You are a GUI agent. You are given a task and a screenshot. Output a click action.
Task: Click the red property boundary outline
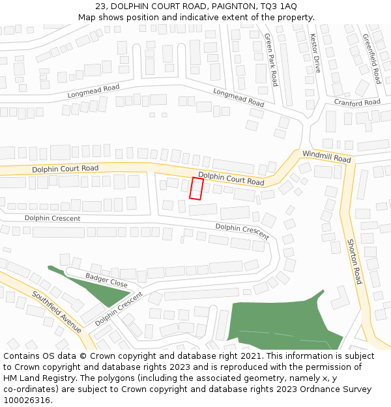(x=196, y=188)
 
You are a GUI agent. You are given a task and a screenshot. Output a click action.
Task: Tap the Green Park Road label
(x=270, y=61)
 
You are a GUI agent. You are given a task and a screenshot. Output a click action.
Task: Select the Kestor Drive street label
(x=315, y=53)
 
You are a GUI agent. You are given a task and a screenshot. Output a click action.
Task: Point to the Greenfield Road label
(x=371, y=59)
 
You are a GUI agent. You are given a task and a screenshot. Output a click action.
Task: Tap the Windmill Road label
(x=326, y=156)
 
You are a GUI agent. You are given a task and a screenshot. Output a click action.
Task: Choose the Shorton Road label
(x=354, y=261)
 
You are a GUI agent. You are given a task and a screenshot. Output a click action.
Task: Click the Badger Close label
(x=106, y=280)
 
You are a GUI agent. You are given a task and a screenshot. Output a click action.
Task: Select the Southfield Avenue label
(x=57, y=312)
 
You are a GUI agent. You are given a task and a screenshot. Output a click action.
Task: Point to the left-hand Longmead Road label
(x=94, y=91)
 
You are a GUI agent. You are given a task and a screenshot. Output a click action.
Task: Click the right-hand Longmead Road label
(x=239, y=98)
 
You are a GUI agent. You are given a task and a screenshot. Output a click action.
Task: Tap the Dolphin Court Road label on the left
(x=65, y=169)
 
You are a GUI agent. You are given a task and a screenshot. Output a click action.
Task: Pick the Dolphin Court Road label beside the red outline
(x=231, y=178)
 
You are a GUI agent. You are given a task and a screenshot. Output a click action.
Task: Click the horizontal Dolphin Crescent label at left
(x=52, y=218)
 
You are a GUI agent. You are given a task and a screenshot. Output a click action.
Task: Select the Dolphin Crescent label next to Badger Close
(x=119, y=309)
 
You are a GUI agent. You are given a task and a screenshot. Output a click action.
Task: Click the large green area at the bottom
(x=280, y=322)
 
